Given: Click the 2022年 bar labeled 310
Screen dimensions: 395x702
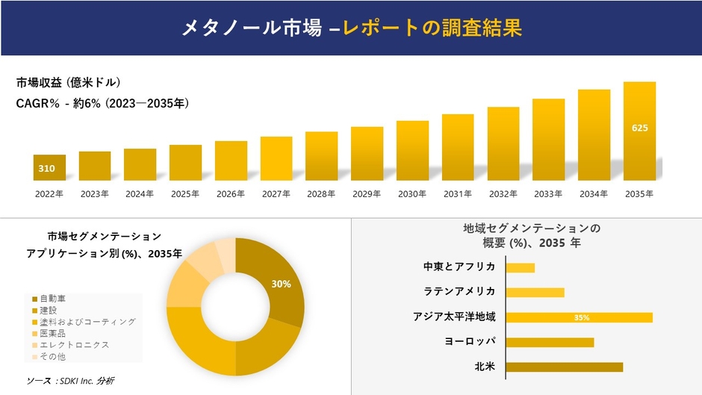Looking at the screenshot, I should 49,168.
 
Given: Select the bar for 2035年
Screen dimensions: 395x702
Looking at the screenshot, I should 639,131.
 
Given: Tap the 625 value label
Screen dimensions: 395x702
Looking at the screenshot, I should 639,128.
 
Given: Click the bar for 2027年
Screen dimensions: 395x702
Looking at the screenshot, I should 276,158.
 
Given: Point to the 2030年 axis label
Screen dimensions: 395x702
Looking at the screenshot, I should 412,193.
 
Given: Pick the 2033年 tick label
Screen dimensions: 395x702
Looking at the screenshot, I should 548,193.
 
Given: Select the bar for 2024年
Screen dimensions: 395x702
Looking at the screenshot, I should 140,164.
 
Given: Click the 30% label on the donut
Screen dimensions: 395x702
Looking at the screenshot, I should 281,284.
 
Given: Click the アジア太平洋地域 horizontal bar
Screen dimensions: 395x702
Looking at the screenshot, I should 580,317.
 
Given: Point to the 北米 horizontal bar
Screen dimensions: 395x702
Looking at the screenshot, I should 565,367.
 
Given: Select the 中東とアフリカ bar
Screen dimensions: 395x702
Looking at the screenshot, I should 521,267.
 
